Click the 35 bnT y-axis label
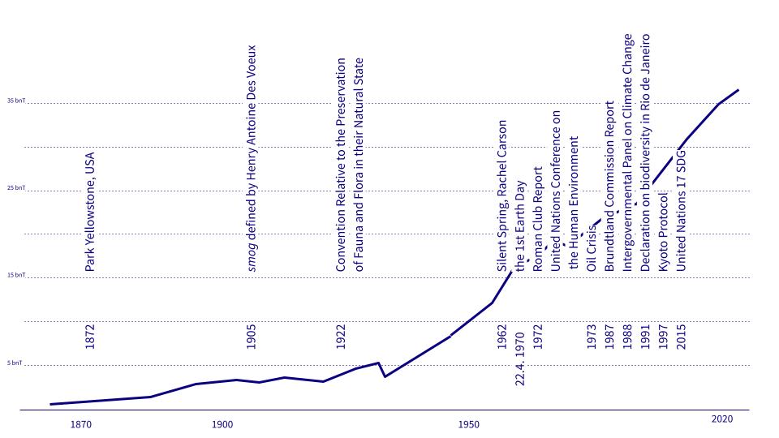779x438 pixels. click(x=16, y=101)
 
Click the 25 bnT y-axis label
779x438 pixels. click(x=16, y=188)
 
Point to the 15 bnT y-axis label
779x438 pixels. click(x=16, y=276)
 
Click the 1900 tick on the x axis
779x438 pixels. click(x=222, y=424)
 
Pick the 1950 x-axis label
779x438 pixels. click(x=467, y=424)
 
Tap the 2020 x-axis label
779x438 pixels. click(x=722, y=419)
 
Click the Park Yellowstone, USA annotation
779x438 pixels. click(x=90, y=211)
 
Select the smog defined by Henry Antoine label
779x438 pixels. click(x=252, y=157)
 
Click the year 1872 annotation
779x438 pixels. click(x=90, y=337)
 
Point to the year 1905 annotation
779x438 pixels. click(x=252, y=337)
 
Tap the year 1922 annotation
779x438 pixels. click(x=341, y=337)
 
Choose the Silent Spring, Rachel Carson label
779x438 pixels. click(x=502, y=195)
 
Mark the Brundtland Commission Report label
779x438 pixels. click(x=609, y=197)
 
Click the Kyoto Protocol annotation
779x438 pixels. click(x=663, y=231)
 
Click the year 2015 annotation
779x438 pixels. click(x=682, y=337)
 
